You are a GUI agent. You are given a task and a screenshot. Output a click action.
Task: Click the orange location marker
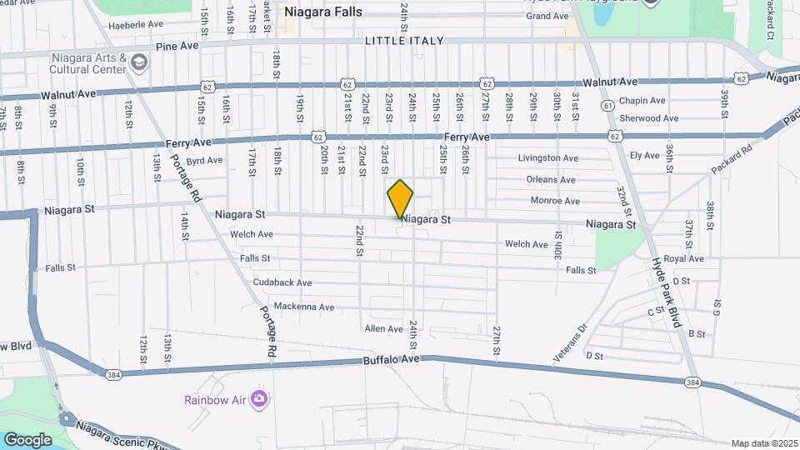(x=401, y=198)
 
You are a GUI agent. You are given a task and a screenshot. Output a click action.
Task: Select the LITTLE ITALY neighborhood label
(x=404, y=40)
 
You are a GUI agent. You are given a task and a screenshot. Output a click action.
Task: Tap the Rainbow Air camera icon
(x=260, y=399)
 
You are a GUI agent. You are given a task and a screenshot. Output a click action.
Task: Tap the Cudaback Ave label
(x=282, y=282)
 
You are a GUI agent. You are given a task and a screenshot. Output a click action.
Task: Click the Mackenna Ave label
(x=303, y=307)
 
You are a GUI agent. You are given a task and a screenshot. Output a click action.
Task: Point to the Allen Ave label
(x=383, y=329)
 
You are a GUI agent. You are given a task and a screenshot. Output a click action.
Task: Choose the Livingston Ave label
(x=547, y=157)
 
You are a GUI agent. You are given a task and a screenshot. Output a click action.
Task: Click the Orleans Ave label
(x=551, y=179)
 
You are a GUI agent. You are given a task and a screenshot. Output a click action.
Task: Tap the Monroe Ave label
(x=555, y=201)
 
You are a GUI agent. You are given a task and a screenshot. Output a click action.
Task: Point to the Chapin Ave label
(x=642, y=101)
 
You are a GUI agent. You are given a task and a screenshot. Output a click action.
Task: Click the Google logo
(x=27, y=439)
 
